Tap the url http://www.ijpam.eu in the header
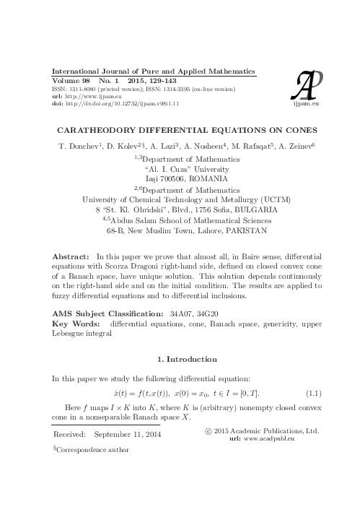[x=86, y=96]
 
